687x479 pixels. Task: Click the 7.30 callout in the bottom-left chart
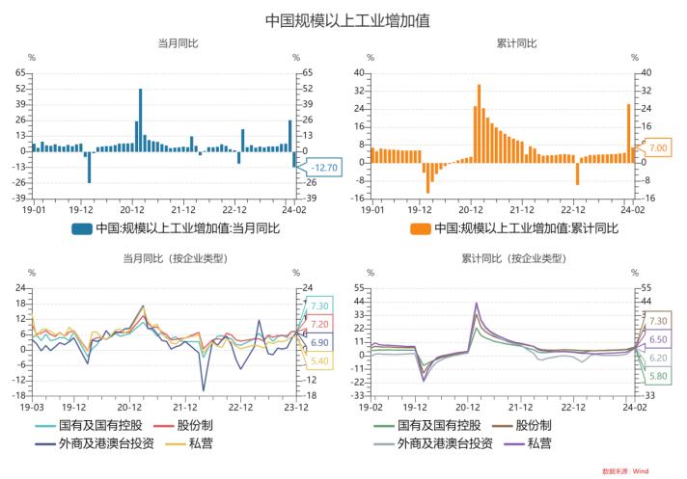click(320, 306)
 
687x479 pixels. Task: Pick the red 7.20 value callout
click(320, 324)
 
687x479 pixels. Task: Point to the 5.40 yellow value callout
click(320, 360)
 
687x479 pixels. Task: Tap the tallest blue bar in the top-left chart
click(141, 120)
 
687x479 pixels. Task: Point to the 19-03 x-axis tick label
click(33, 407)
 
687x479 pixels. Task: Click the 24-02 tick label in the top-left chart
click(293, 207)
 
